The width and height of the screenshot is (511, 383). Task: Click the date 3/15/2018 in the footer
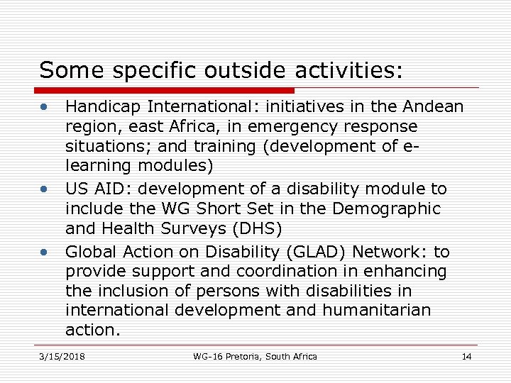(x=62, y=356)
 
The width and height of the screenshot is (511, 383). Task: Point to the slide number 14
(x=466, y=356)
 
